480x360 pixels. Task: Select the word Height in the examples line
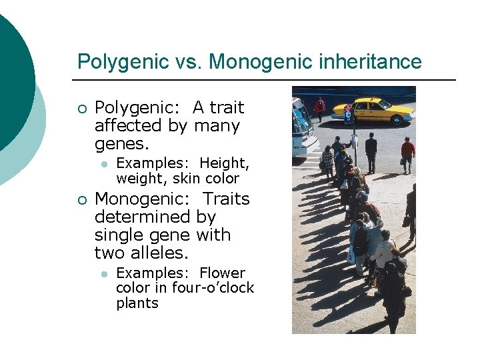tap(224, 163)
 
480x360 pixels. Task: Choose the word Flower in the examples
tap(222, 273)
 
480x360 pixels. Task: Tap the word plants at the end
tap(137, 303)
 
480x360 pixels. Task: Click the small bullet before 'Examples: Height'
tap(104, 164)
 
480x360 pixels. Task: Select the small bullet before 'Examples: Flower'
tap(104, 274)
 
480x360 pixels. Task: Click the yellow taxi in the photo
tap(373, 110)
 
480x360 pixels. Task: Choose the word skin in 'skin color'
tap(187, 178)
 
